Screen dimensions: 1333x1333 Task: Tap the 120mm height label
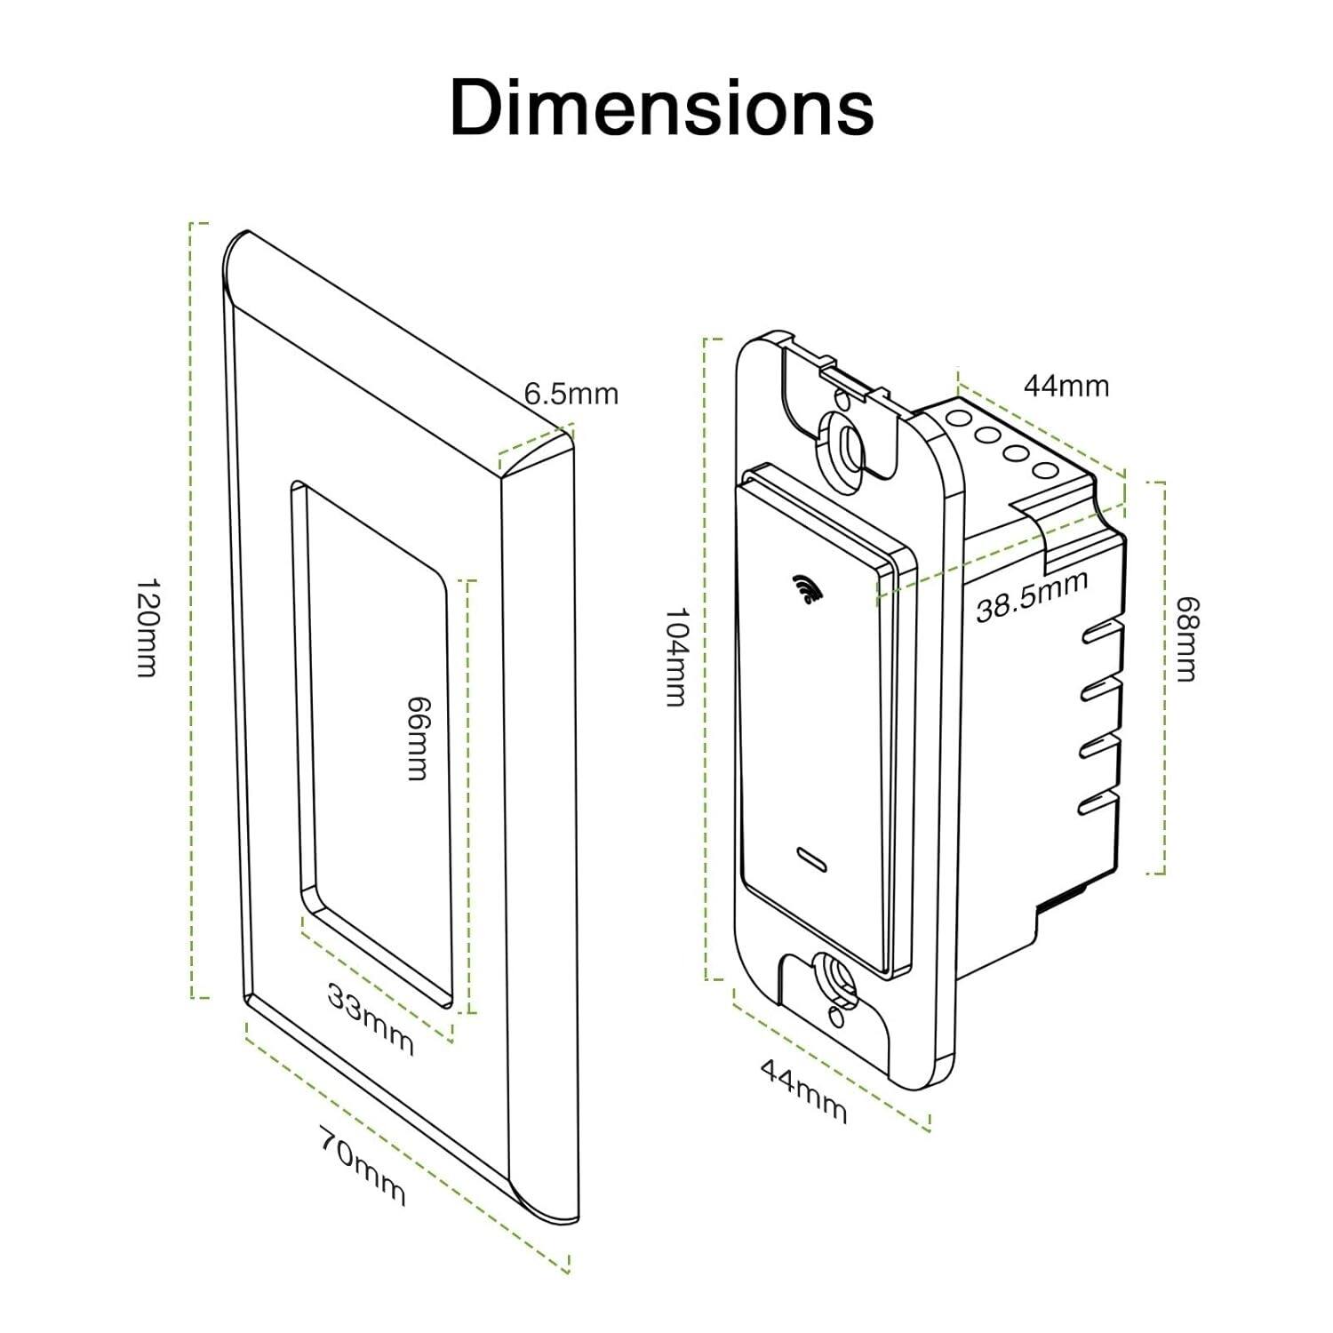[147, 627]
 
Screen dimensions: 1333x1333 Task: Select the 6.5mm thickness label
[571, 394]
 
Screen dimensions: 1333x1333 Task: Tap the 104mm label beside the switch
[677, 657]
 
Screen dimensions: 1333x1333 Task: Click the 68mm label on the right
[1186, 638]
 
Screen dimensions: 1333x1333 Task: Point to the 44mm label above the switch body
[1066, 386]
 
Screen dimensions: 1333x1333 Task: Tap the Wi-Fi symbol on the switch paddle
[805, 589]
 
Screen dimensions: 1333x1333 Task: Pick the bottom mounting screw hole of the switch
[835, 978]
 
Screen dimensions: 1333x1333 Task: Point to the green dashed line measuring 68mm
[1162, 678]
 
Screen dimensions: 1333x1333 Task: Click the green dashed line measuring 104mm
[706, 658]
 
